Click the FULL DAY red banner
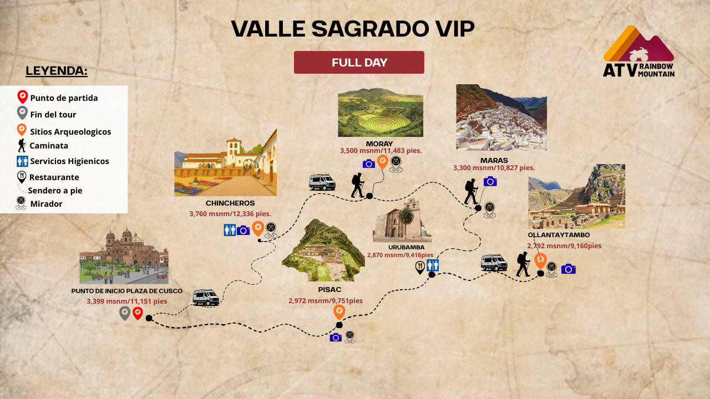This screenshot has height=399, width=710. click(359, 63)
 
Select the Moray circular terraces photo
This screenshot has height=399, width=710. click(381, 112)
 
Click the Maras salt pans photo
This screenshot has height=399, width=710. click(501, 117)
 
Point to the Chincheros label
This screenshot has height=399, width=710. click(230, 203)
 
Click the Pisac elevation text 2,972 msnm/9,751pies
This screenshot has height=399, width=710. click(326, 301)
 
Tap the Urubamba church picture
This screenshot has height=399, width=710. click(402, 221)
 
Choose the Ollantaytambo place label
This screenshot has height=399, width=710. click(559, 235)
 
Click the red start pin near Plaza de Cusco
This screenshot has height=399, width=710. click(138, 314)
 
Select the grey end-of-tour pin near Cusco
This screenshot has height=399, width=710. click(125, 314)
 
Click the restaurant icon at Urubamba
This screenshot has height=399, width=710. click(420, 268)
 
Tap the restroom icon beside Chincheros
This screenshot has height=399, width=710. click(230, 230)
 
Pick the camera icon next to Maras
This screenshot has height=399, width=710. click(490, 181)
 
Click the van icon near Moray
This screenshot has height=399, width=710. click(322, 182)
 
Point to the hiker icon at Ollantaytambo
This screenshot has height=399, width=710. click(523, 264)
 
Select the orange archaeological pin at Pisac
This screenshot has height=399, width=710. click(339, 311)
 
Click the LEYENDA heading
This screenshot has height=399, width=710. click(57, 71)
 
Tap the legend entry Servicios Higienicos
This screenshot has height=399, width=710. click(69, 161)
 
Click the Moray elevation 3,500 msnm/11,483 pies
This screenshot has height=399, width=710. click(381, 151)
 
